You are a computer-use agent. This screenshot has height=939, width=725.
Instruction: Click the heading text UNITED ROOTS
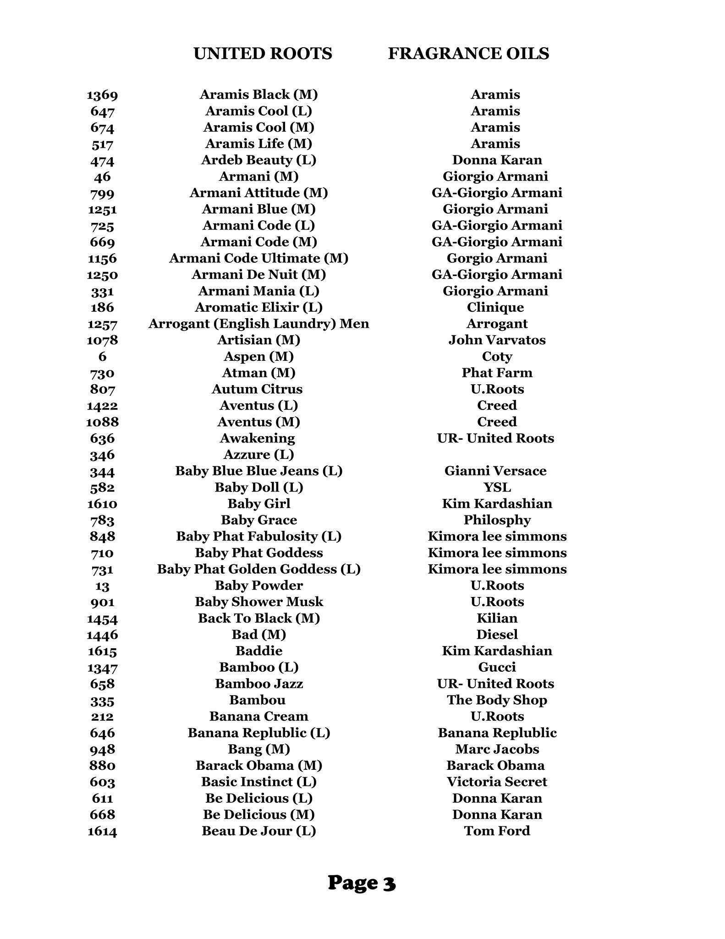[263, 54]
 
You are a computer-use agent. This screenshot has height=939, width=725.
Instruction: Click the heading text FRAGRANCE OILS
[468, 54]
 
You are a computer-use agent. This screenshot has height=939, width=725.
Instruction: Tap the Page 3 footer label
[362, 883]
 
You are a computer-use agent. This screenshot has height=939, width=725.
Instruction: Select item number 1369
[102, 95]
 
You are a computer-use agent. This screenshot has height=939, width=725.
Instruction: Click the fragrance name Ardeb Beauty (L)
[258, 160]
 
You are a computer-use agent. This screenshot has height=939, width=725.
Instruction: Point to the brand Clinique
[495, 307]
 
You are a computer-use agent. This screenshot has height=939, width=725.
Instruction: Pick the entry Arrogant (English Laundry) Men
[258, 324]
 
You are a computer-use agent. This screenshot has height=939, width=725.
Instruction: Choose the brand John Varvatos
[497, 340]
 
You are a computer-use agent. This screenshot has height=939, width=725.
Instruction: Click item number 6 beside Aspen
[102, 357]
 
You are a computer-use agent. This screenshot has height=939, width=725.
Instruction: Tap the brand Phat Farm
[497, 373]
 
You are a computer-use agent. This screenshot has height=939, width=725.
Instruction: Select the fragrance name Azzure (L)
[258, 454]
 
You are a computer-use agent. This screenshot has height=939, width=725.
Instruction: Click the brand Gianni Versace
[495, 471]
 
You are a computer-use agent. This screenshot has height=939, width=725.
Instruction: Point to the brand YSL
[497, 487]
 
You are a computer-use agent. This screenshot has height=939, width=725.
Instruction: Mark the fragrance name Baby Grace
[258, 520]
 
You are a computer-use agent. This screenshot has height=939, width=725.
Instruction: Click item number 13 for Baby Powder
[102, 586]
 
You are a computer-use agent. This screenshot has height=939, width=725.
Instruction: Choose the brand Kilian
[497, 618]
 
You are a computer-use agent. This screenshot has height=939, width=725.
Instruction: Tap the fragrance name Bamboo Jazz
[258, 684]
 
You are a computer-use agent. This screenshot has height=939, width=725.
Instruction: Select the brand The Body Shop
[497, 700]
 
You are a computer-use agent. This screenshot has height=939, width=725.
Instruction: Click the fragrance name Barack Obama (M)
[258, 766]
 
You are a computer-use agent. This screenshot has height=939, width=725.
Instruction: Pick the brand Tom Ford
[497, 831]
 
